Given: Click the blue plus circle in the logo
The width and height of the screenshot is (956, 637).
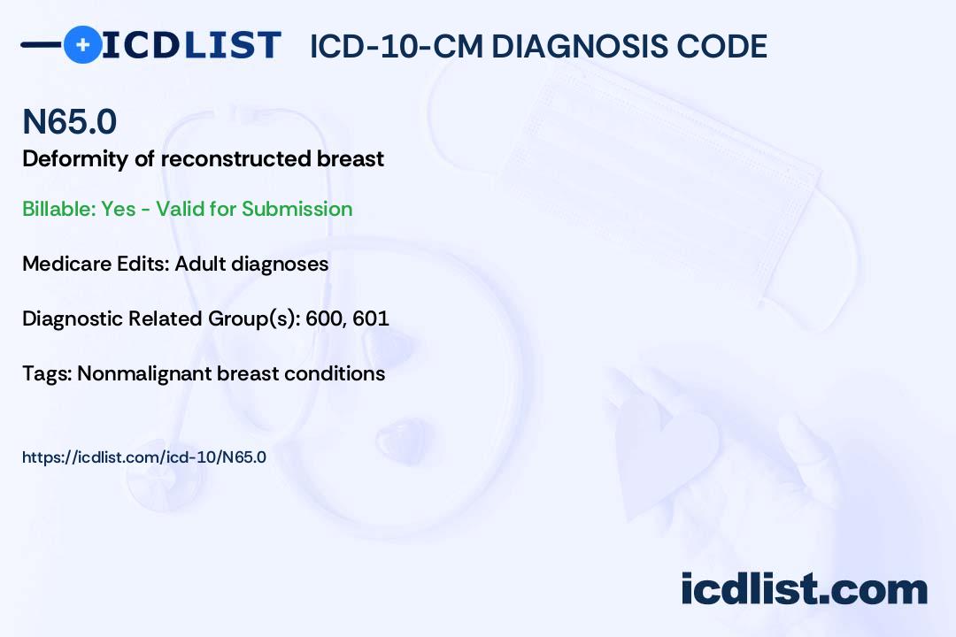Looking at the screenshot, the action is [x=82, y=44].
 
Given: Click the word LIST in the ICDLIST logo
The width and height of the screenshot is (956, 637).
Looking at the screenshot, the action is [x=232, y=45].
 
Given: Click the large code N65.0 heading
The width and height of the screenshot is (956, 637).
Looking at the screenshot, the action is [x=70, y=121].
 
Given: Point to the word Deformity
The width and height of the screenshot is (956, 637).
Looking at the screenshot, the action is [x=75, y=159].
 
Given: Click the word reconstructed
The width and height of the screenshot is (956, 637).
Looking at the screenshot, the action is [x=235, y=158].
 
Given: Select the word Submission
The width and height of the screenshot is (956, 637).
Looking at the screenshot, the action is [x=297, y=209].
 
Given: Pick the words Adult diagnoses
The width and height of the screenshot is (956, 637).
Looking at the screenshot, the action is [x=251, y=265].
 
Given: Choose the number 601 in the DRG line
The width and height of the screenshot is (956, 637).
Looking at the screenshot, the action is [x=371, y=318].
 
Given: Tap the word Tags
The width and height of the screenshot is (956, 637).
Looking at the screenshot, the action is [x=48, y=373].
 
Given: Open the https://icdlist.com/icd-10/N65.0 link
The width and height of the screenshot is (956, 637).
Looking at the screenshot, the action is [x=144, y=457].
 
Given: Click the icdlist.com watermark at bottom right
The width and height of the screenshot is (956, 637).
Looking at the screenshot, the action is [x=804, y=589].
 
